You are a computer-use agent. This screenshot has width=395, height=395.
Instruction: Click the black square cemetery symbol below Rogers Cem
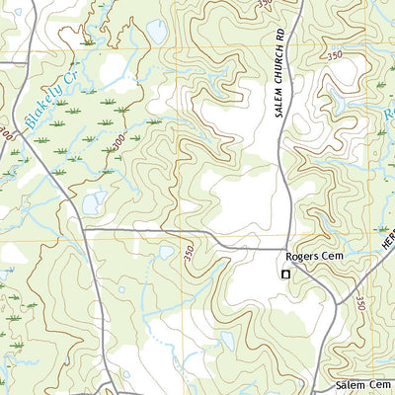(x=286, y=274)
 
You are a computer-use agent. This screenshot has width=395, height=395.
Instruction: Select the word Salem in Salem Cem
(x=351, y=384)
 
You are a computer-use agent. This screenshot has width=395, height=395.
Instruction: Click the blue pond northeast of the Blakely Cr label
(x=157, y=31)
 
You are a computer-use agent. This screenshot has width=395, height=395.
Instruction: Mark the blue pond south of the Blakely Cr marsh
(x=95, y=203)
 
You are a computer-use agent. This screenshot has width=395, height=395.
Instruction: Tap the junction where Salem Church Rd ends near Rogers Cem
(x=284, y=247)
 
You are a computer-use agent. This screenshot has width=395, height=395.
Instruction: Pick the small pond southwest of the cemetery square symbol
(x=227, y=341)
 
